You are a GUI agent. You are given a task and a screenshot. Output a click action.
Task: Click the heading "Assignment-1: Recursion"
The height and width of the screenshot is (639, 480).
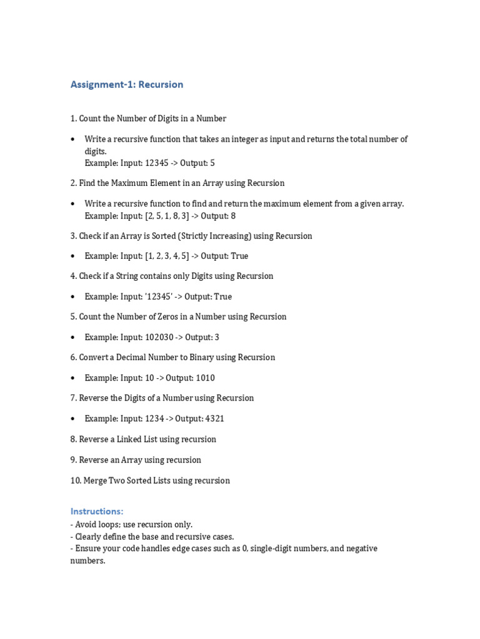[127, 84]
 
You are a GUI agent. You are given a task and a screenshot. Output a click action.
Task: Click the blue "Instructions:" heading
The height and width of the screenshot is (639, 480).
[97, 512]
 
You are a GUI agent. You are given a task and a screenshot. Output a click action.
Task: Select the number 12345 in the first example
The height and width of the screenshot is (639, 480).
[157, 163]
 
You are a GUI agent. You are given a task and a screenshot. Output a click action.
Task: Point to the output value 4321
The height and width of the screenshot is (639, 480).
[211, 419]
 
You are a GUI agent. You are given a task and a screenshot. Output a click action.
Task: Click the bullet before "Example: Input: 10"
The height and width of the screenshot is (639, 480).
[73, 378]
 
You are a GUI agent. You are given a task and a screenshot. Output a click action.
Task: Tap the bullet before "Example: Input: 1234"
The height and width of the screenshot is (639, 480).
[73, 419]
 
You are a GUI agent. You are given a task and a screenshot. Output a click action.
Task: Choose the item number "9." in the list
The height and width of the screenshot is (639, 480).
[74, 460]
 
